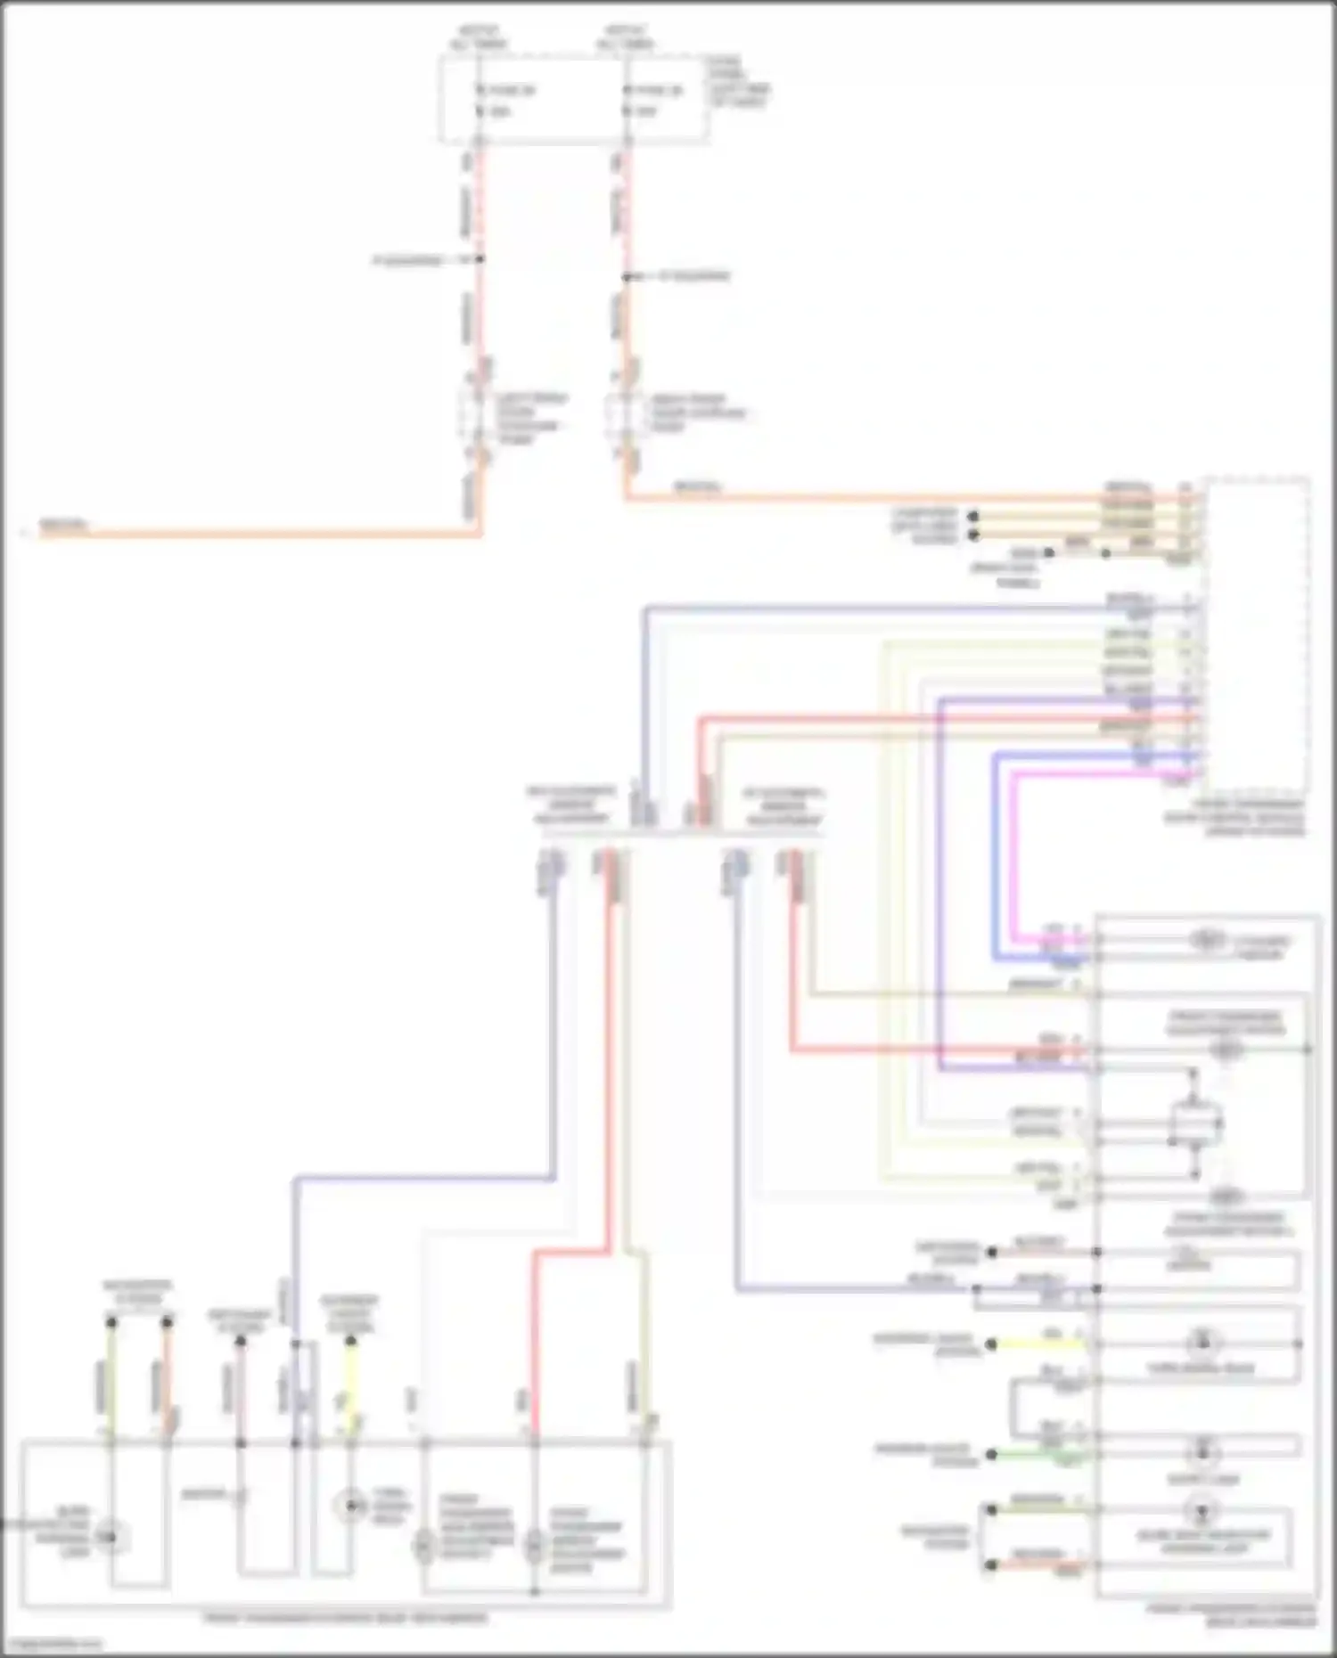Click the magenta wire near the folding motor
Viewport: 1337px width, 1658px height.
(x=1014, y=855)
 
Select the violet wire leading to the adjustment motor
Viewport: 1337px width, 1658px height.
(x=941, y=891)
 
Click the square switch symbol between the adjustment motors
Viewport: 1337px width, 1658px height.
(x=1194, y=1123)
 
